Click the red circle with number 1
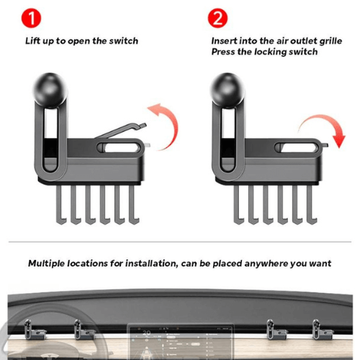click(x=31, y=18)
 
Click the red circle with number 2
click(x=217, y=18)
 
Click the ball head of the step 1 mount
click(x=50, y=90)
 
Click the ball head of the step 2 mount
click(x=228, y=90)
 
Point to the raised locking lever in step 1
click(x=121, y=130)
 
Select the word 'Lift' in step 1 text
click(x=32, y=41)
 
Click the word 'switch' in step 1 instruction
click(x=124, y=41)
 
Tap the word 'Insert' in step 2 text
click(x=224, y=41)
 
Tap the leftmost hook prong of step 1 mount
click(x=61, y=205)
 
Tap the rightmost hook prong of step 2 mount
click(x=312, y=205)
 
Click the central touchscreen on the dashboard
click(x=180, y=341)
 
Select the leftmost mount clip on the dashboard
click(x=34, y=330)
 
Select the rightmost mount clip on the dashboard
click(x=322, y=330)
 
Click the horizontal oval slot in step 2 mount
click(x=297, y=148)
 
